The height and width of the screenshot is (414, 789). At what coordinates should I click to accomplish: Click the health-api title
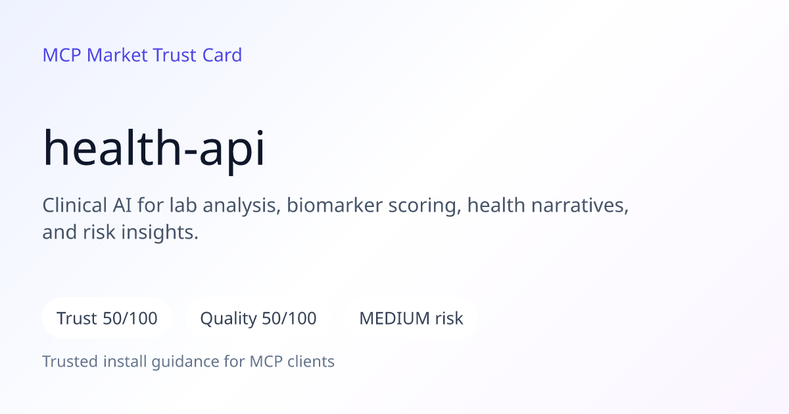point(154,149)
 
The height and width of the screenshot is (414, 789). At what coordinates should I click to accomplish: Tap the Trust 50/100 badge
point(107,318)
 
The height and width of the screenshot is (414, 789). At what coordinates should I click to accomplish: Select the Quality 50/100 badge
point(258,318)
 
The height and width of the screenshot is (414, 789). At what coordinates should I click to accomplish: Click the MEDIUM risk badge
point(411,318)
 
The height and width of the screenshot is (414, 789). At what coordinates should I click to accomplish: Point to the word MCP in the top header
point(62,55)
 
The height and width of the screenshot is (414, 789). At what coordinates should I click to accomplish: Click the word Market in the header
point(117,55)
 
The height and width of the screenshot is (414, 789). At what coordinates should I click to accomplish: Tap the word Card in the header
point(222,55)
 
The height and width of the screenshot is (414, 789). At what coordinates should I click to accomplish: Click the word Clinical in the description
point(75,205)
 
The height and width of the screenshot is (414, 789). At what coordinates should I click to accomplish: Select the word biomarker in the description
point(334,205)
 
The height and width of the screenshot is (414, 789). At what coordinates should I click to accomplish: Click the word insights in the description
point(160,233)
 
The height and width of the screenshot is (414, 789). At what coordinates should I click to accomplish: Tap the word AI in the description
point(122,205)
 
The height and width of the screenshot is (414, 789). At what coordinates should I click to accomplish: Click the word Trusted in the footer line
point(70,361)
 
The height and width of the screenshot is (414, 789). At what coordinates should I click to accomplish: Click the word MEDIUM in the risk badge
point(394,319)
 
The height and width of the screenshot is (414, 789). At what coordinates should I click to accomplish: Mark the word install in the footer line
point(125,361)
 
